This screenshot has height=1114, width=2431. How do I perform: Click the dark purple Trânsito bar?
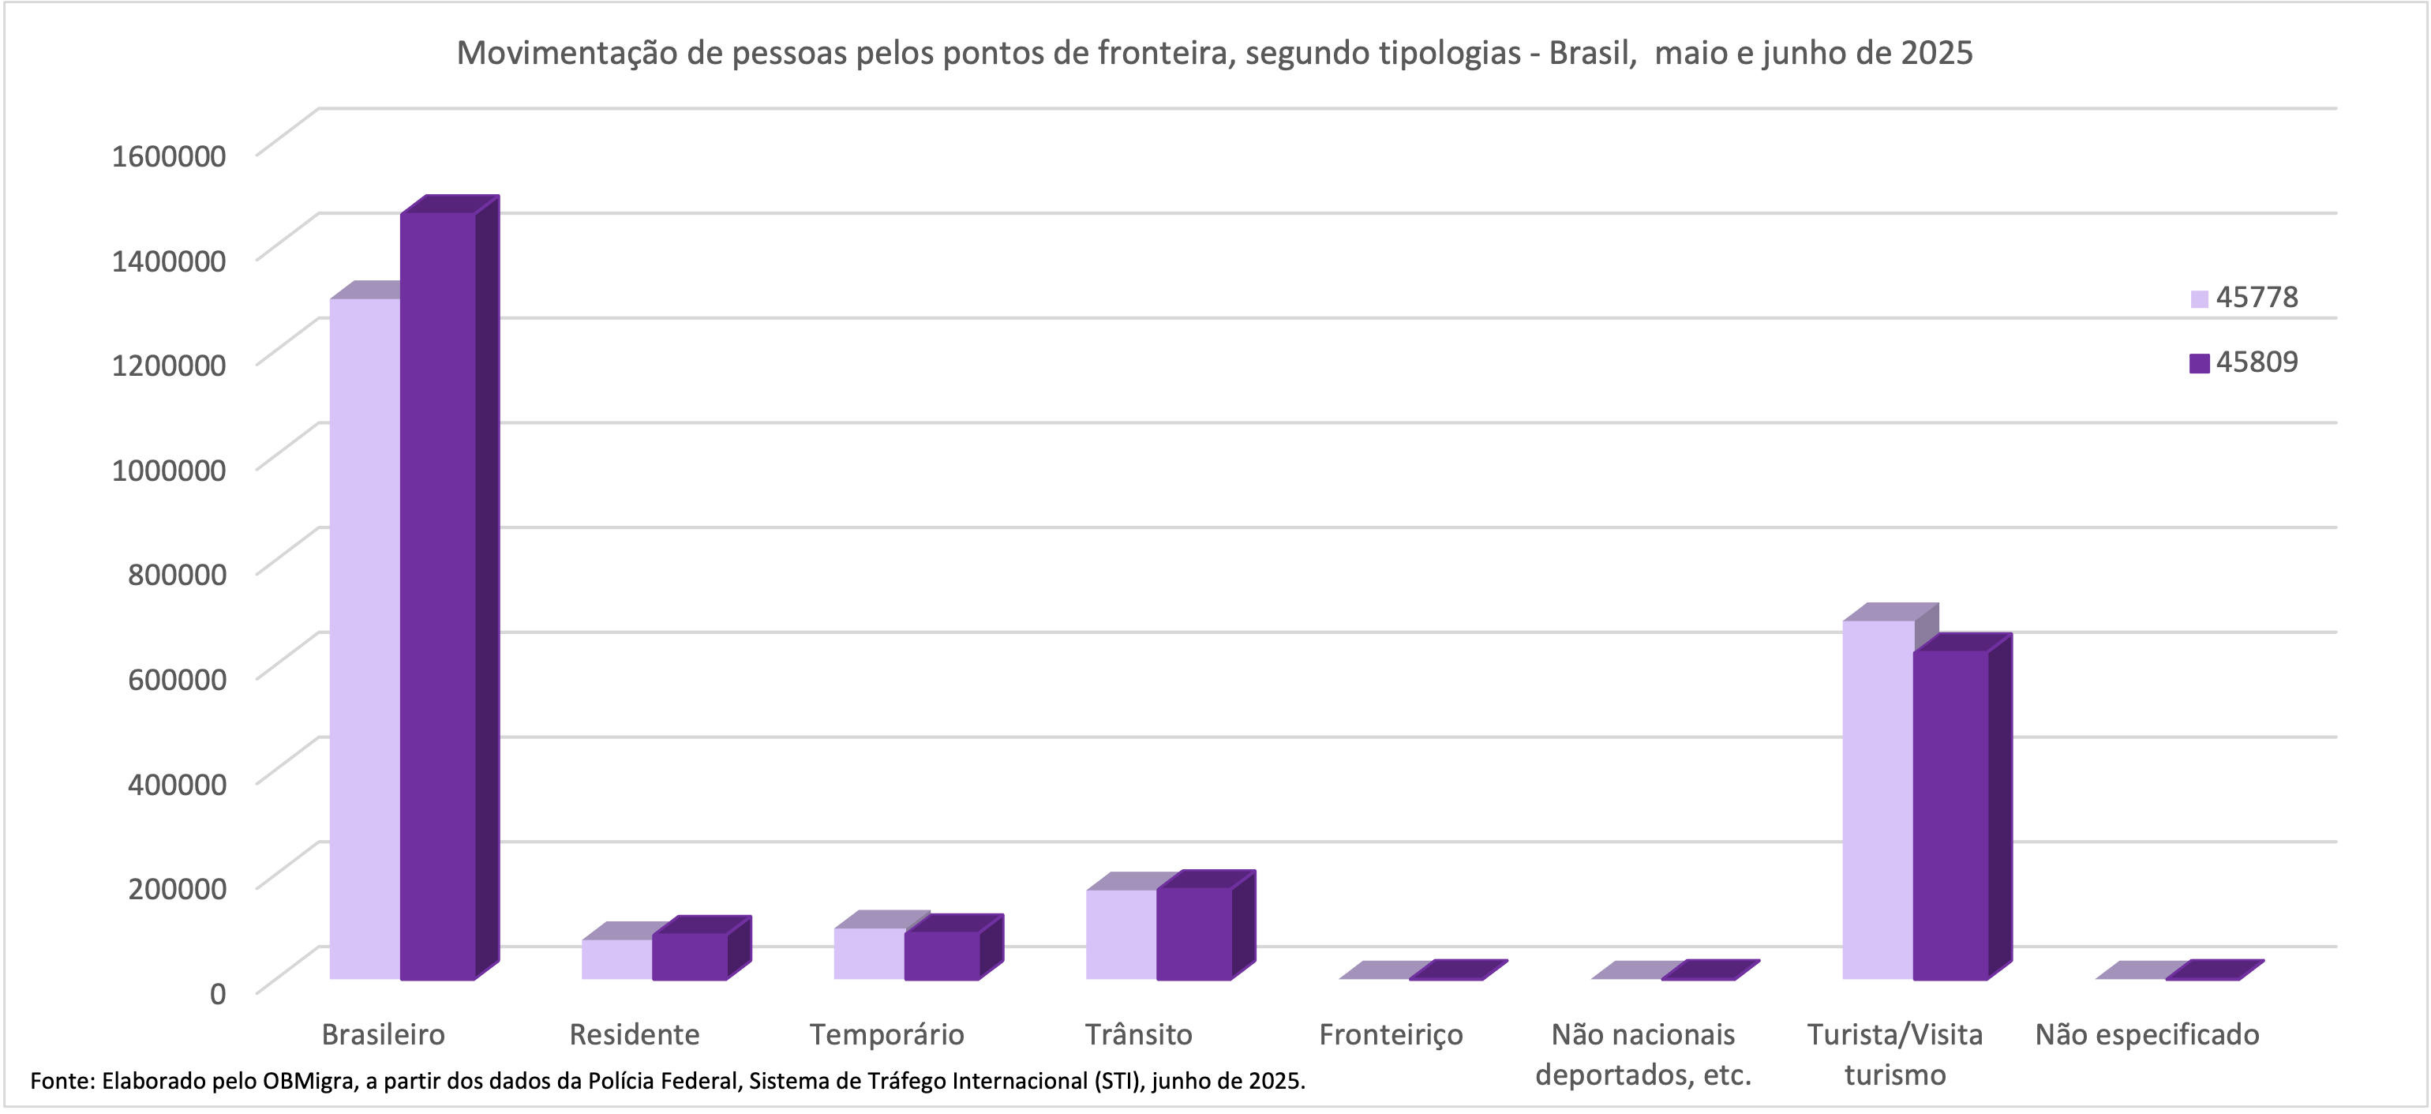point(1193,934)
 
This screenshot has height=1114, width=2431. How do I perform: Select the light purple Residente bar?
point(616,959)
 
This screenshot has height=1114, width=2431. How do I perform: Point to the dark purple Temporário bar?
point(942,955)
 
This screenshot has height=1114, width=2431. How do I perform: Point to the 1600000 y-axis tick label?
point(169,156)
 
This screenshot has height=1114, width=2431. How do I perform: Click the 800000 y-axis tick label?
point(178,574)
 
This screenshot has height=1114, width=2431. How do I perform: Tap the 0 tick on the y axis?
point(218,993)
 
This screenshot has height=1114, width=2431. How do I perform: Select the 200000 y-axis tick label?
point(178,888)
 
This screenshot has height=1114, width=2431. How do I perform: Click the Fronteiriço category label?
point(1390,1035)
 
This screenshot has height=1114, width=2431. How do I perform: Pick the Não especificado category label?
point(2147,1035)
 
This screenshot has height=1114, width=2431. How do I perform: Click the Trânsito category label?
point(1138,1035)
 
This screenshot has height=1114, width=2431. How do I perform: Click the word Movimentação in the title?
point(566,54)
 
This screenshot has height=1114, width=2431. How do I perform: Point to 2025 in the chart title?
point(1936,54)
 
